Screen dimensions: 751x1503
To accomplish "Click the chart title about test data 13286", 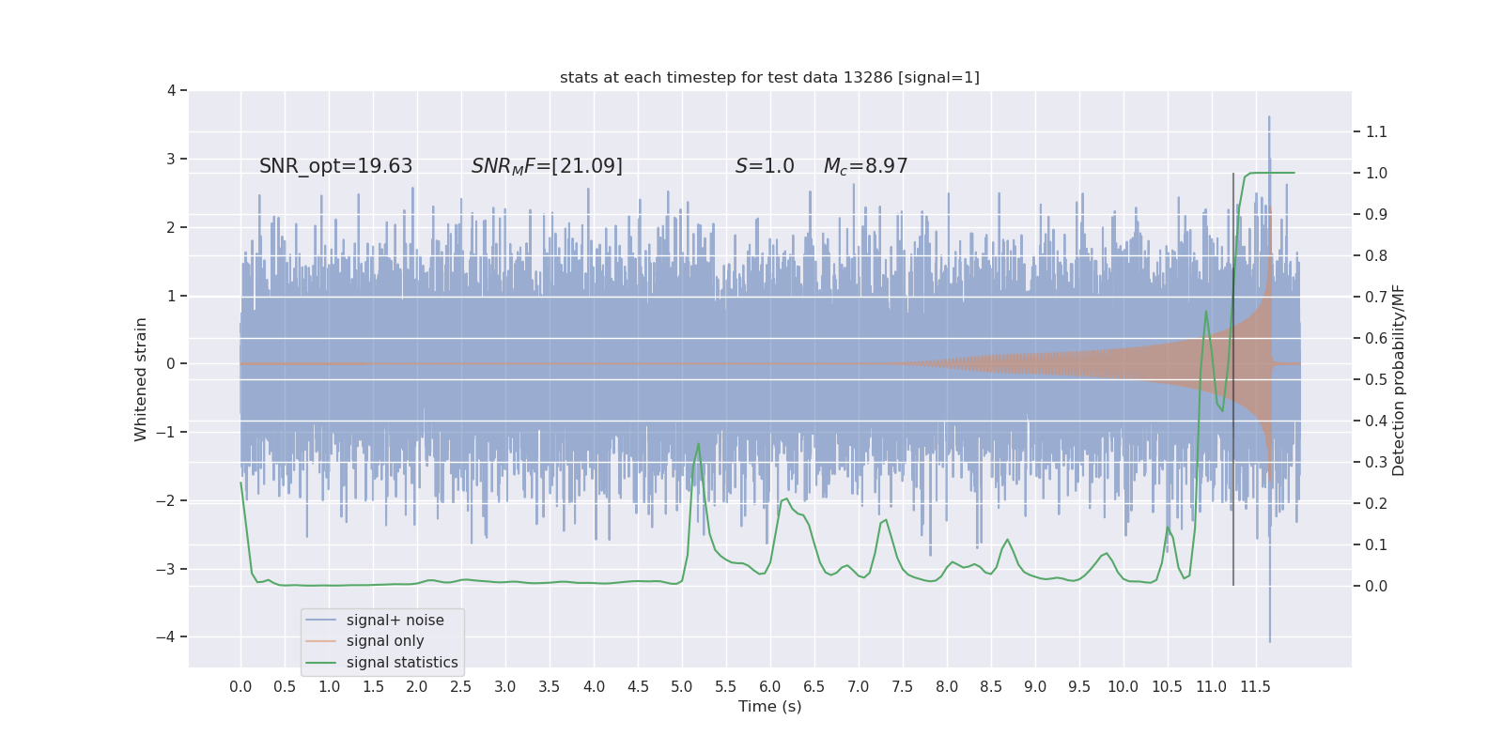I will tap(769, 77).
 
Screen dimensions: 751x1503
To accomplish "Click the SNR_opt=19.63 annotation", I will tap(335, 166).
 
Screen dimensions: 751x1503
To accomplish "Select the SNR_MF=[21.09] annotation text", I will tap(547, 166).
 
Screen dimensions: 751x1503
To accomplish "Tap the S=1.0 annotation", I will tap(765, 166).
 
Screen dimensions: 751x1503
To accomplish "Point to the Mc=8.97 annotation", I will tap(865, 166).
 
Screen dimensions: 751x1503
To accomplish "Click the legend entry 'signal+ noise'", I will tap(395, 621).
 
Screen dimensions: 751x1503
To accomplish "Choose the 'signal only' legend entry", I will tap(385, 641).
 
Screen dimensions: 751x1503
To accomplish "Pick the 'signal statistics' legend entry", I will tap(402, 663).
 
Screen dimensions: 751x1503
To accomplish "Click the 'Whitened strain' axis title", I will tap(141, 379).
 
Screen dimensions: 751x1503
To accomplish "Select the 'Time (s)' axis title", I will tap(769, 706).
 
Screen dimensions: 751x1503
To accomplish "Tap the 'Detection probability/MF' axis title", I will tap(1399, 379).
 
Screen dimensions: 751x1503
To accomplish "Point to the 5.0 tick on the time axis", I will tap(682, 686).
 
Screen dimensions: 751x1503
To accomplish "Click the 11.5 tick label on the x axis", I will tap(1255, 686).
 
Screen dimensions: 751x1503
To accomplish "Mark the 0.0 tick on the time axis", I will tap(240, 686).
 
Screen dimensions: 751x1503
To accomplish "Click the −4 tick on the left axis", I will tap(170, 636).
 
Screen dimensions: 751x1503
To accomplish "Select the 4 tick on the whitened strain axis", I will tap(171, 91).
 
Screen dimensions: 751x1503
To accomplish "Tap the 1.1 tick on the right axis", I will tap(1376, 132).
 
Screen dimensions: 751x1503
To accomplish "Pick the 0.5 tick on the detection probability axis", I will tap(1376, 379).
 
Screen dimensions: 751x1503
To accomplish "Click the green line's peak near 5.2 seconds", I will tap(698, 444).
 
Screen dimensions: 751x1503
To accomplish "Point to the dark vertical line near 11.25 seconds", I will tap(1233, 375).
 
